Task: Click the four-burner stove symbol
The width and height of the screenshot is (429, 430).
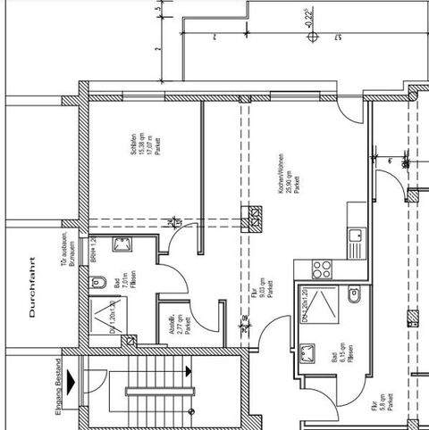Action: pyautogui.click(x=322, y=269)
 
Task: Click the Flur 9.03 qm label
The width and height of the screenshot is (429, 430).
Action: pyautogui.click(x=265, y=290)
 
